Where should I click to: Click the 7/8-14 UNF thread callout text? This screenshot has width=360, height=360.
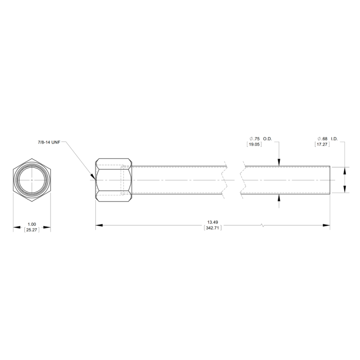(49, 143)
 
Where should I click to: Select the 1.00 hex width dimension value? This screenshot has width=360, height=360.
(32, 224)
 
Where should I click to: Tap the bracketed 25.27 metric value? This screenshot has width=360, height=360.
(32, 230)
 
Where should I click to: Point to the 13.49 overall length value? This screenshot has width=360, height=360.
(213, 222)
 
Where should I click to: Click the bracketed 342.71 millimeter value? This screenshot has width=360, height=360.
(213, 228)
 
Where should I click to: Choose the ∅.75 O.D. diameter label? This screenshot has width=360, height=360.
(261, 139)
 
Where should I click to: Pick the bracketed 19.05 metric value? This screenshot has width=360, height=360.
(254, 144)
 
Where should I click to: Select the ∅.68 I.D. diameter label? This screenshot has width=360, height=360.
(328, 139)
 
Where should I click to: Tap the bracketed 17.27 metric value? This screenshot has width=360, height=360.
(322, 144)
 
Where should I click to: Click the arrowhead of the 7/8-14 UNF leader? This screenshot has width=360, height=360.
(93, 177)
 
